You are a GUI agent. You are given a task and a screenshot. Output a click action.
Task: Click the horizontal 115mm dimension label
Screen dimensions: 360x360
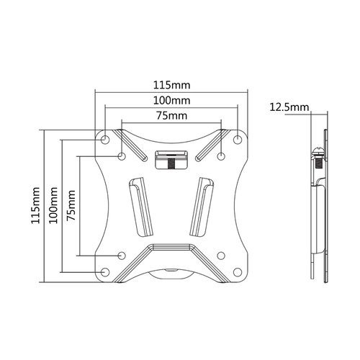(171, 85)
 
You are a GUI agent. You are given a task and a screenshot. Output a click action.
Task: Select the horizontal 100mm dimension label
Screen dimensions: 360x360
(171, 101)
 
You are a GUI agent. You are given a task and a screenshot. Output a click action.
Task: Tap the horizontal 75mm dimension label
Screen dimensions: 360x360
(171, 116)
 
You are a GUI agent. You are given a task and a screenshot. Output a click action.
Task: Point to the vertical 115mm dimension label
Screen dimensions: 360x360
(35, 205)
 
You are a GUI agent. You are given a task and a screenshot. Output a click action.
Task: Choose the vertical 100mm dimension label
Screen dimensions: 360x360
(53, 205)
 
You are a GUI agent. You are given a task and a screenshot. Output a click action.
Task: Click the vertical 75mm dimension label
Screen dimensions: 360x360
(71, 205)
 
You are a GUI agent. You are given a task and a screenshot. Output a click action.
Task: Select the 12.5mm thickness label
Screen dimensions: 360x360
(289, 107)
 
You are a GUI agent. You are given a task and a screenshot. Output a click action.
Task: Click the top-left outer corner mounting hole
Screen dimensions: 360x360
(105, 139)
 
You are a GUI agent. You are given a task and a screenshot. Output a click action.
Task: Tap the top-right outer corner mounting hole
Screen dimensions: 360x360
(238, 139)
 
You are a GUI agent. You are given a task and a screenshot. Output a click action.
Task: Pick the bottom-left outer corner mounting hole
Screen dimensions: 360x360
(105, 272)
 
